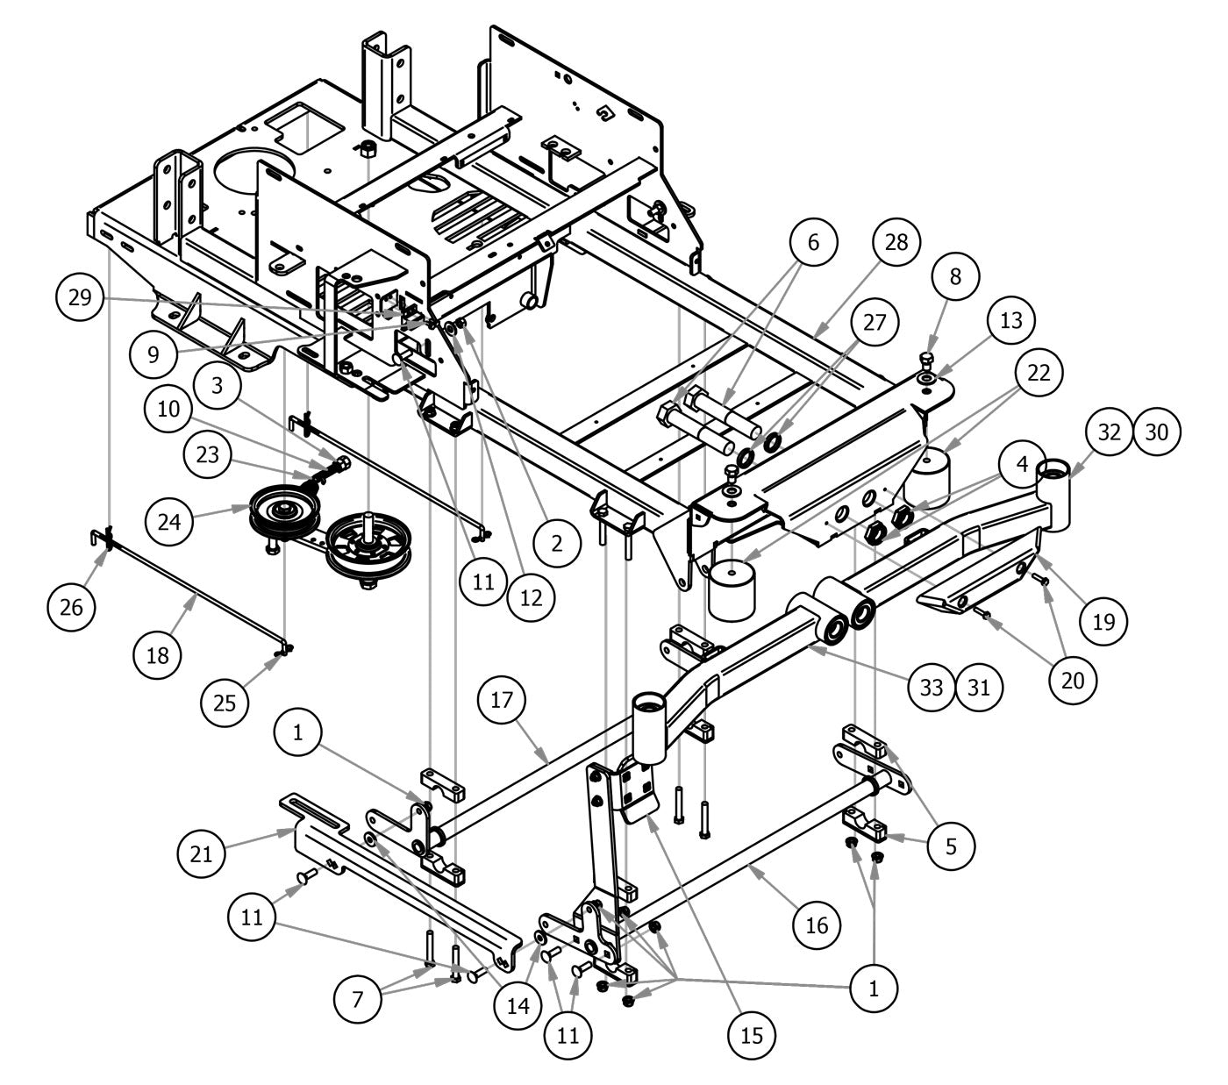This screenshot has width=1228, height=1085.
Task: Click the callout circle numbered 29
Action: (80, 298)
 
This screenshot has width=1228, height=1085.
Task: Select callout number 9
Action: (153, 353)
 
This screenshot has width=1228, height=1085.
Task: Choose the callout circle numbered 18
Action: (159, 653)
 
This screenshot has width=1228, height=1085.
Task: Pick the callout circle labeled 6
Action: (813, 242)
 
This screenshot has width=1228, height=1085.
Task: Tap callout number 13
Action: (1011, 320)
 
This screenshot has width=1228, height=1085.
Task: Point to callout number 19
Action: (1103, 621)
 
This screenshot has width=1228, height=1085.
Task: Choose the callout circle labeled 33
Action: (931, 688)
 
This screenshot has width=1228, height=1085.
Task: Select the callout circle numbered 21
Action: (202, 852)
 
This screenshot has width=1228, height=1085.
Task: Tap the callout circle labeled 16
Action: (817, 924)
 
